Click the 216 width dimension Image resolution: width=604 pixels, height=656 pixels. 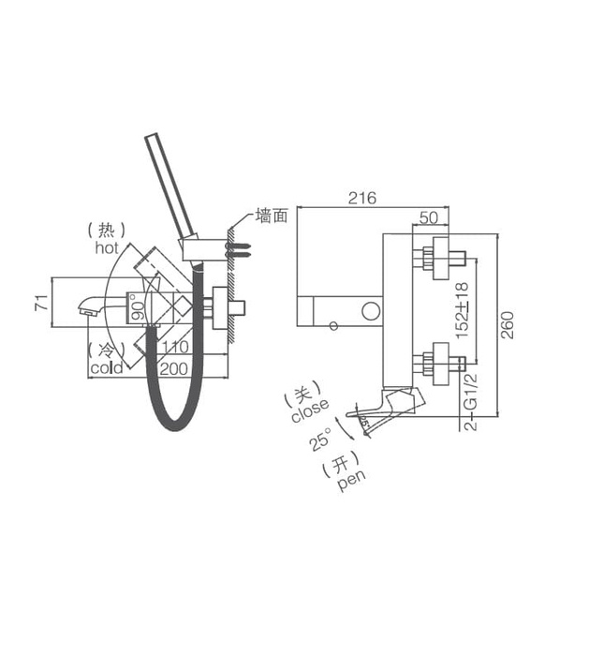coord(361,198)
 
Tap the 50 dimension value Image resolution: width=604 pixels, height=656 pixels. coord(429,217)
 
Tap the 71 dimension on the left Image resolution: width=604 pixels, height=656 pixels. coord(38,303)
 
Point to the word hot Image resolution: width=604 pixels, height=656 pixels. coord(107,248)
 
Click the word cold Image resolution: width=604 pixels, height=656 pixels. coord(107,368)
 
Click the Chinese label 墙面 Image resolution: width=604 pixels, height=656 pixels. coord(273,216)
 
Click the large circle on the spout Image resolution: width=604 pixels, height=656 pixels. coord(371,310)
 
